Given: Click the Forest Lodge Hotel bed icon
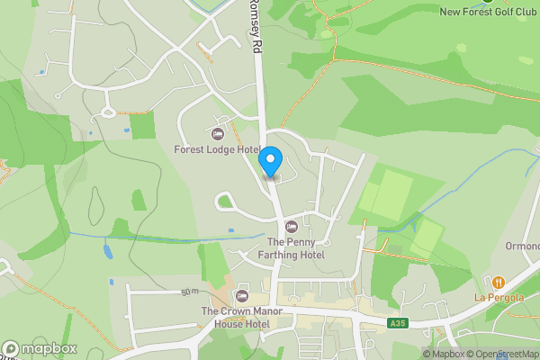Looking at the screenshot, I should [217, 134].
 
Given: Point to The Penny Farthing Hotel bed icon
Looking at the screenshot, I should [291, 226].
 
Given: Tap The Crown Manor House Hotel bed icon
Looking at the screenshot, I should [240, 296].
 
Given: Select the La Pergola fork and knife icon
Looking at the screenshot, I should [498, 282].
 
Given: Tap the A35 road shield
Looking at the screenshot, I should [398, 323].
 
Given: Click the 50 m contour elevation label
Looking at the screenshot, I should [189, 292].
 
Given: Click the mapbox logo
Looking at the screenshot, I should [40, 348].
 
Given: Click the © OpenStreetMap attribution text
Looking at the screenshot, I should [508, 354].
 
